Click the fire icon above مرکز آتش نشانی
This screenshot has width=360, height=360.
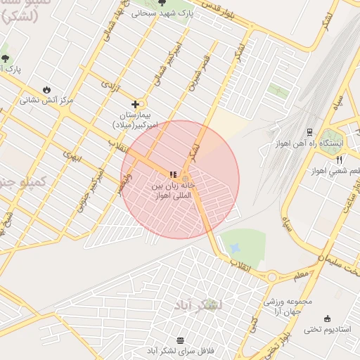tap(46, 90)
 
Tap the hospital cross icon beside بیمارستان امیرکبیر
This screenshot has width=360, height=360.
tap(135, 105)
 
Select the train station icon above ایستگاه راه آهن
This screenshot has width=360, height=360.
tap(310, 131)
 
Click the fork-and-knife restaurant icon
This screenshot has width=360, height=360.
tap(340, 160)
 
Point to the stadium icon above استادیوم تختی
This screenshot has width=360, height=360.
tap(326, 319)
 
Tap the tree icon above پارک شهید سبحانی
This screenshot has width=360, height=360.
tap(163, 3)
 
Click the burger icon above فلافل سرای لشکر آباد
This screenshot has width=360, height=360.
tap(180, 340)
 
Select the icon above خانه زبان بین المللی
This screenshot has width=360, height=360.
tap(173, 174)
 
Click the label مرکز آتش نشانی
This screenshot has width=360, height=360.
tap(48, 101)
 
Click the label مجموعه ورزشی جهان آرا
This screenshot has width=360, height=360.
tap(283, 305)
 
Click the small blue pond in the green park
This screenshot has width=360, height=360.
tap(234, 248)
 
